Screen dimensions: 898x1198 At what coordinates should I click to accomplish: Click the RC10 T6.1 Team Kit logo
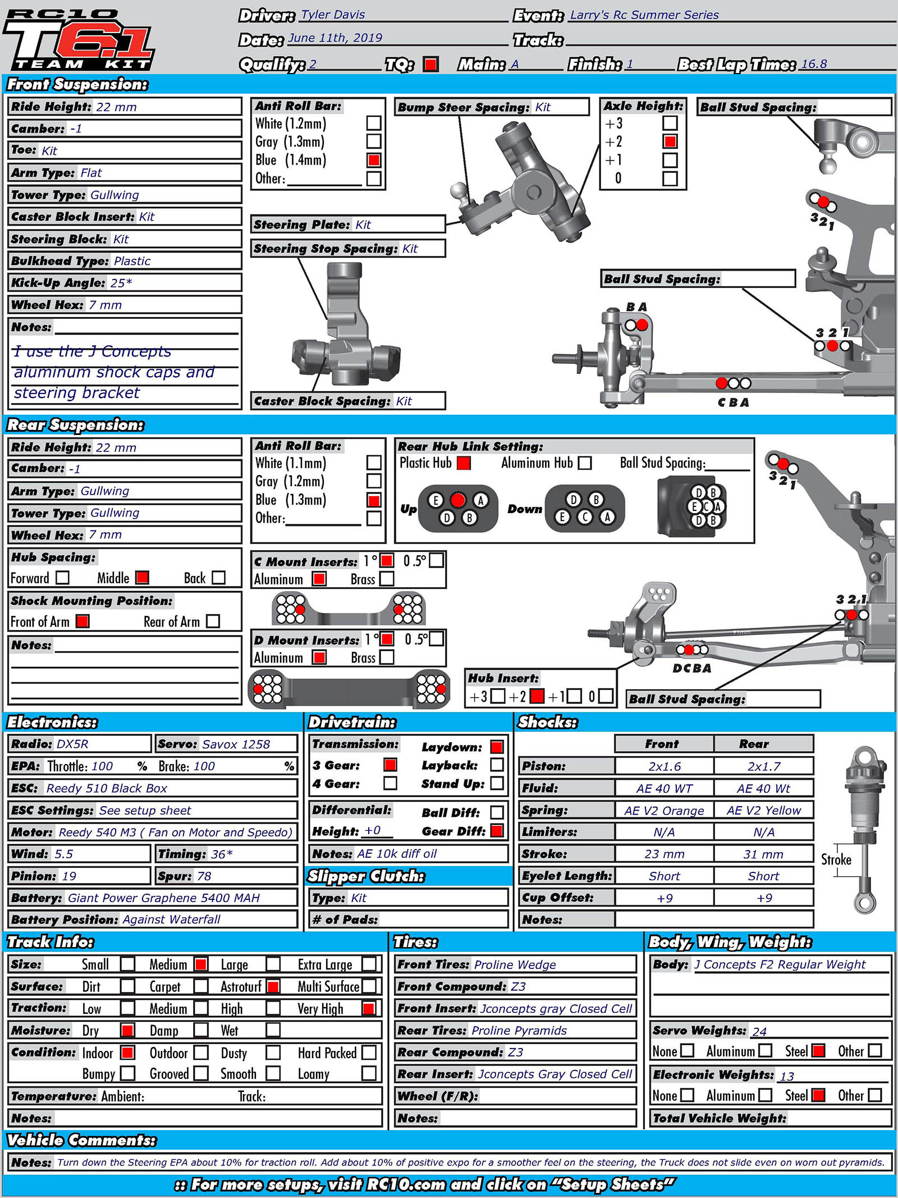(79, 39)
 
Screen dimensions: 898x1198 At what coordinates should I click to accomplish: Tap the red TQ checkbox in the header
(430, 65)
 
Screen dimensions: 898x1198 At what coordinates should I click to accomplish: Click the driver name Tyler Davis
(333, 15)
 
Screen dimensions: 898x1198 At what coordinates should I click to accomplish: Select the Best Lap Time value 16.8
(814, 63)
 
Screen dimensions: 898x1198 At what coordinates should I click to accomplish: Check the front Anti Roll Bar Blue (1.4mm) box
(374, 161)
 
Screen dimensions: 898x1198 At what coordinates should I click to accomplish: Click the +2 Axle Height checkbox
(670, 141)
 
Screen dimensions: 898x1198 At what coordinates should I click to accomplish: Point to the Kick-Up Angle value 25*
(121, 283)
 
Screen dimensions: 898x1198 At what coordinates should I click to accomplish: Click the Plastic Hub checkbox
(464, 463)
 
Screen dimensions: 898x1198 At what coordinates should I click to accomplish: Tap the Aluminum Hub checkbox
(585, 463)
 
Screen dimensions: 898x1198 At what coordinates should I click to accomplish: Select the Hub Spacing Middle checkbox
(143, 578)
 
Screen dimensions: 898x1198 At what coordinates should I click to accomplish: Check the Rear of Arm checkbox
(213, 621)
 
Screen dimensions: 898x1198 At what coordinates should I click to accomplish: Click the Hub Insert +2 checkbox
(537, 697)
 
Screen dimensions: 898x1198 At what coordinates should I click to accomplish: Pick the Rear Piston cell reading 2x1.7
(764, 766)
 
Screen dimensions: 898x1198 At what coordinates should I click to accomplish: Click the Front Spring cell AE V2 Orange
(664, 811)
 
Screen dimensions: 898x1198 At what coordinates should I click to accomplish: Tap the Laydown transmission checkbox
(497, 747)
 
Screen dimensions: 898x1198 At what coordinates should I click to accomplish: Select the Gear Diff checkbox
(497, 831)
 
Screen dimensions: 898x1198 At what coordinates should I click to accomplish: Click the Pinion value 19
(69, 876)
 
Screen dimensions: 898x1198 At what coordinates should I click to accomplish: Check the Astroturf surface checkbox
(273, 986)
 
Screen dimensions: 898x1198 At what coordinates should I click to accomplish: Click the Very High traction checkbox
(369, 1008)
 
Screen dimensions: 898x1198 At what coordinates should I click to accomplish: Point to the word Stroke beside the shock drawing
(836, 859)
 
